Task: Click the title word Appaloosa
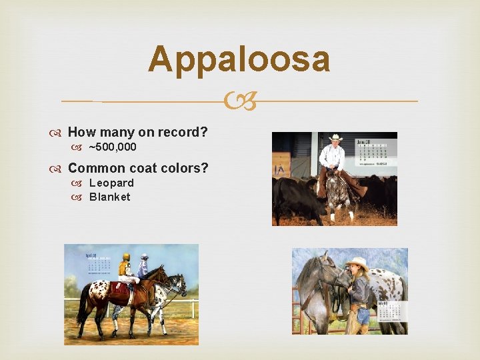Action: (239, 59)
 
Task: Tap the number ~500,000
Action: (113, 147)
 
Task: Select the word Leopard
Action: (111, 183)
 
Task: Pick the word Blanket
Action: (109, 197)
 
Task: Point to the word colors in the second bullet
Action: (184, 168)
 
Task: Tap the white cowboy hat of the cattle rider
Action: (335, 138)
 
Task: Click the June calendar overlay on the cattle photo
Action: (374, 153)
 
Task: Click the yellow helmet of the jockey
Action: (125, 257)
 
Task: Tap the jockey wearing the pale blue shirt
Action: (143, 267)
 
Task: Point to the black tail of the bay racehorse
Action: (83, 310)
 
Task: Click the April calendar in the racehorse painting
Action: (99, 263)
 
